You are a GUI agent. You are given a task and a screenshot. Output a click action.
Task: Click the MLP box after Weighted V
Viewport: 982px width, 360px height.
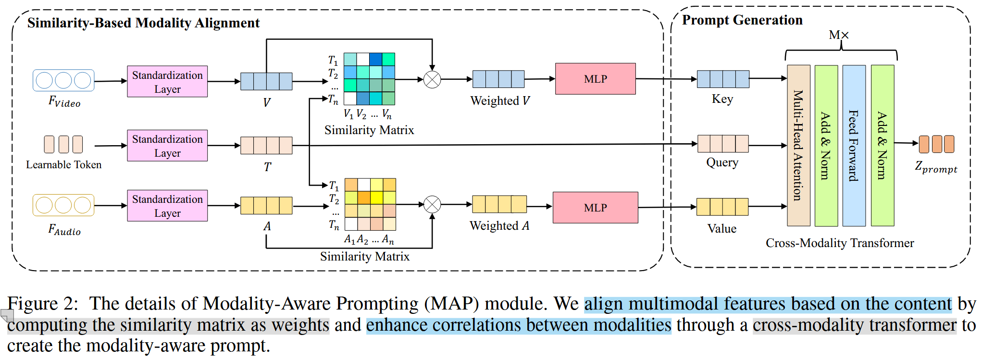pos(595,79)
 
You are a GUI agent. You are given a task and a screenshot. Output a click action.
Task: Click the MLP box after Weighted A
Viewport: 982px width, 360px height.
pos(595,208)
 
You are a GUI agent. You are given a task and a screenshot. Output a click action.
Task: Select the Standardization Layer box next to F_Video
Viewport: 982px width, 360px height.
pos(167,82)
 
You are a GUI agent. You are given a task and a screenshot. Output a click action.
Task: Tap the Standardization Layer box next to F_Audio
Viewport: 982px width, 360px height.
pos(167,206)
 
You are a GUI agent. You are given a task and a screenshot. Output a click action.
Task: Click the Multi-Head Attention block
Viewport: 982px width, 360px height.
pos(798,145)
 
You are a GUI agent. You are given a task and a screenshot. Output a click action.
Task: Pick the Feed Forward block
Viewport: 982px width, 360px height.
pos(854,145)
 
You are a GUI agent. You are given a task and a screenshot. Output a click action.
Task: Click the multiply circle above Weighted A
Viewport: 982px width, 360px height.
pos(432,204)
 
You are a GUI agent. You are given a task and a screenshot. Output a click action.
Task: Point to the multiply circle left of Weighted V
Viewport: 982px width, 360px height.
pos(432,79)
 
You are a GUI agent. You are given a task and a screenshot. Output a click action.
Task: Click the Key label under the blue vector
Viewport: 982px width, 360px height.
pos(722,99)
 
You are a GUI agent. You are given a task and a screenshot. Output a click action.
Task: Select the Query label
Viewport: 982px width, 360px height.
pos(722,162)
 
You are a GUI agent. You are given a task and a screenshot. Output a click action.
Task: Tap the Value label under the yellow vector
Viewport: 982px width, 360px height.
pos(721,228)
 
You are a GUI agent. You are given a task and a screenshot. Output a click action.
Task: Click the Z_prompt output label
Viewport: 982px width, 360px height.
pos(935,167)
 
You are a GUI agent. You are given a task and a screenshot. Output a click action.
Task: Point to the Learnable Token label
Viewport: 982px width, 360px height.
pos(64,165)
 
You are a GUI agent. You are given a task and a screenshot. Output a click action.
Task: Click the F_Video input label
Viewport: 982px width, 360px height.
pos(64,101)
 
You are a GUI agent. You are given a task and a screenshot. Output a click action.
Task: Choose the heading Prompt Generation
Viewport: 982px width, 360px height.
pos(742,20)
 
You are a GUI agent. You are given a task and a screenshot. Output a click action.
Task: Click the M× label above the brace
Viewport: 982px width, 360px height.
pos(839,35)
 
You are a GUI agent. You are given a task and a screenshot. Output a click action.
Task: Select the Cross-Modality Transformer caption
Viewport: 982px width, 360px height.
pos(839,243)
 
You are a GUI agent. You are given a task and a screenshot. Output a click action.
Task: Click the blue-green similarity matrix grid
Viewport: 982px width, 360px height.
pos(369,79)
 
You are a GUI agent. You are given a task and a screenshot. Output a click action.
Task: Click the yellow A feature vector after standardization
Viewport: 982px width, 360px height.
pos(266,206)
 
